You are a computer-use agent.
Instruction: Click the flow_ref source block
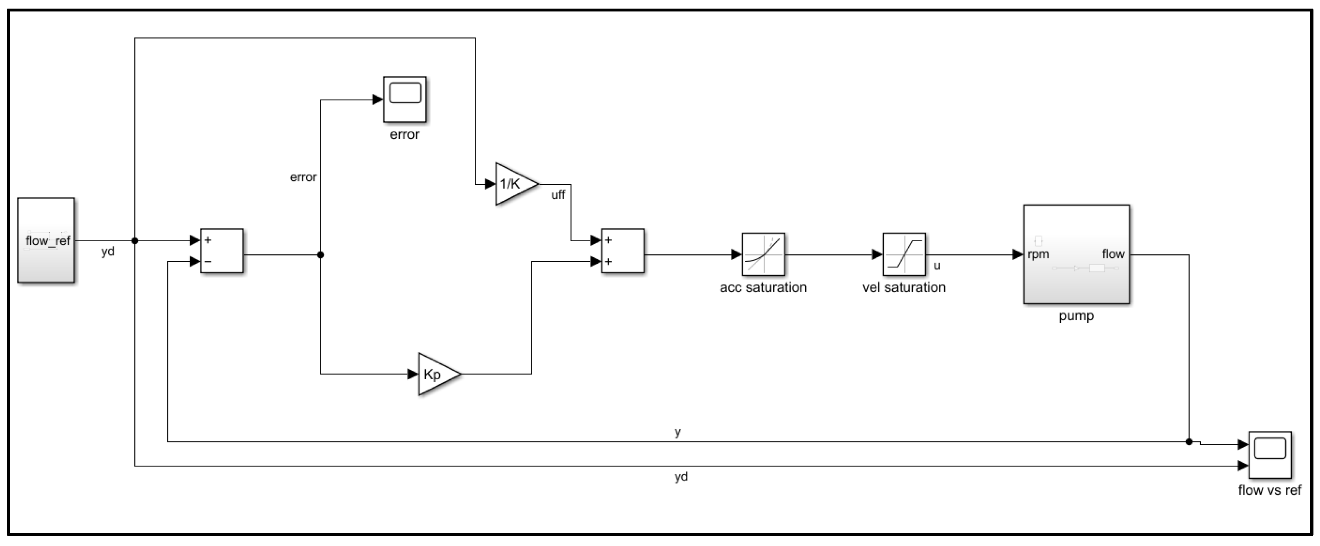(46, 240)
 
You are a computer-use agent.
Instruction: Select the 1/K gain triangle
(514, 184)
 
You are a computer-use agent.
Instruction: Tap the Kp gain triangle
(437, 374)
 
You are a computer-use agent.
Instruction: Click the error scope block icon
(405, 100)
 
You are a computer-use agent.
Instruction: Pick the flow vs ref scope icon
(1269, 454)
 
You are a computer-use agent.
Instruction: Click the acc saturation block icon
(763, 254)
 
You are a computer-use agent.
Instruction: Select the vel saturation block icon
(904, 254)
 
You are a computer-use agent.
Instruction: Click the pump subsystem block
(1076, 254)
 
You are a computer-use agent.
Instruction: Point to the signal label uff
(558, 195)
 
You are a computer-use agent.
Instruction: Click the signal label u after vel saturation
(937, 266)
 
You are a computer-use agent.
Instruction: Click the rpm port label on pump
(1038, 254)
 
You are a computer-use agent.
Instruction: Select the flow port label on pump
(1113, 254)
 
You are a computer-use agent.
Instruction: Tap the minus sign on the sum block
(208, 262)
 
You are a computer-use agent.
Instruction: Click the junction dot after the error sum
(321, 254)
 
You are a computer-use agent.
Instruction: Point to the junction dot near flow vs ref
(1189, 442)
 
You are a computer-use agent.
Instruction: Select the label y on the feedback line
(678, 432)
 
